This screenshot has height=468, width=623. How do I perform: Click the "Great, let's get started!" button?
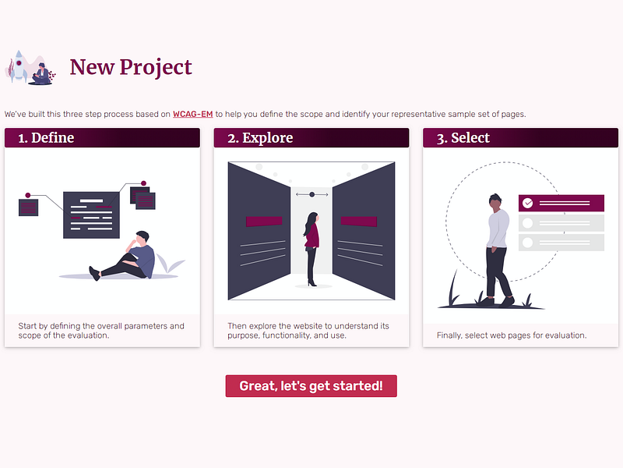(311, 385)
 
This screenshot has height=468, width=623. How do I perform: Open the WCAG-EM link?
(192, 114)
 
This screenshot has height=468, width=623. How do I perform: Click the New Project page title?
(131, 67)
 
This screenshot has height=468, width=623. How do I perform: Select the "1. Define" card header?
(102, 138)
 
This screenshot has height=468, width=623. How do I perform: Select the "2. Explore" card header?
(311, 138)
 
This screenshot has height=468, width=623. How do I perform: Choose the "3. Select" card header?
(520, 138)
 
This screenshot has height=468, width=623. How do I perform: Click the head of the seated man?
(142, 237)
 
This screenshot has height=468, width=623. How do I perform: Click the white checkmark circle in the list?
(528, 203)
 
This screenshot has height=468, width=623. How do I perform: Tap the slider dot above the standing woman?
(312, 194)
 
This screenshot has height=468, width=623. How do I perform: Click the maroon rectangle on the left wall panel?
(264, 222)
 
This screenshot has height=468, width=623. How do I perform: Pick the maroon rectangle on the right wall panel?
(359, 222)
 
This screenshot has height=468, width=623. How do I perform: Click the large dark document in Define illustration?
(91, 215)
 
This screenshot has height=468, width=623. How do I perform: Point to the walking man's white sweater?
(498, 229)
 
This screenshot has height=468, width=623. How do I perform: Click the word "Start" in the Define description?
(27, 326)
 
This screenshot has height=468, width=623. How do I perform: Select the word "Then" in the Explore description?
(237, 326)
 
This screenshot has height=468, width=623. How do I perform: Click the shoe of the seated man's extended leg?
(94, 274)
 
